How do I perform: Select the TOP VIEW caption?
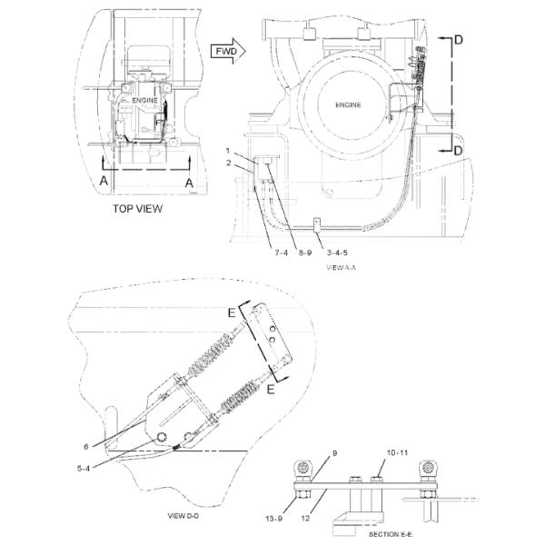click(x=138, y=208)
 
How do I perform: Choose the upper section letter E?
click(x=233, y=313)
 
